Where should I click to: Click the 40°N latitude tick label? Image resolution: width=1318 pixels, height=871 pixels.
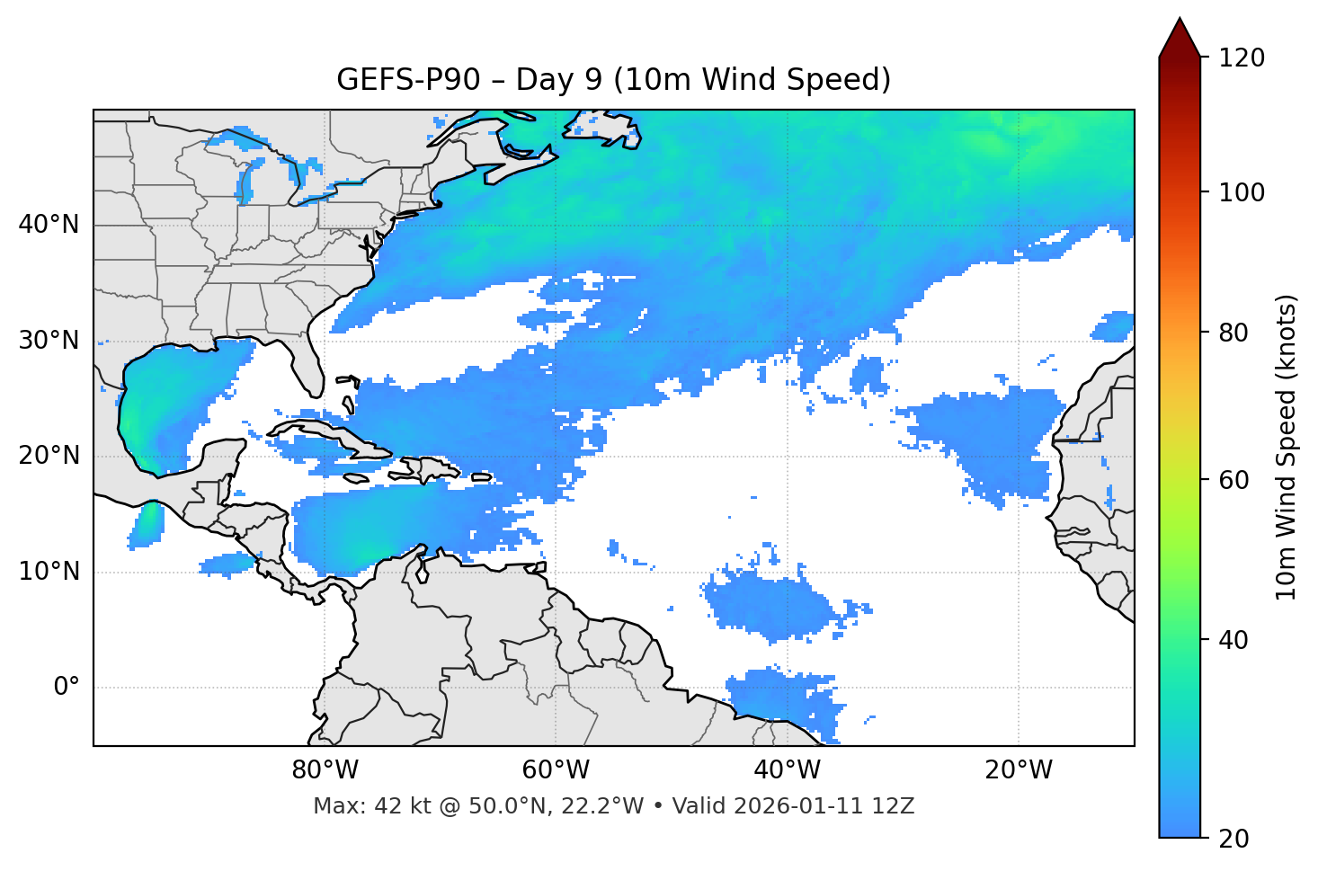click(x=49, y=225)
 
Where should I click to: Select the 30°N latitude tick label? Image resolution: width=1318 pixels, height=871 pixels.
click(x=49, y=341)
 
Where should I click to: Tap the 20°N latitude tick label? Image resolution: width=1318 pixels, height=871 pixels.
click(x=49, y=456)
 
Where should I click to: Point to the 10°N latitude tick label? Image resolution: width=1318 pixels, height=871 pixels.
click(x=49, y=572)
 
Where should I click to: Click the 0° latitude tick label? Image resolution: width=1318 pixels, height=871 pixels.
click(x=67, y=688)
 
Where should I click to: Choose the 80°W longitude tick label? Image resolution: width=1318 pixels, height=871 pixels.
click(x=325, y=770)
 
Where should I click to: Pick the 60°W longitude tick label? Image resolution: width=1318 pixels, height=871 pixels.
click(x=556, y=770)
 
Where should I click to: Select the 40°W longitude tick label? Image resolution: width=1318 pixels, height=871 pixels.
click(x=787, y=770)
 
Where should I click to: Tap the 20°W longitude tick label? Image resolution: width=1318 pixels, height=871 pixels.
click(x=1018, y=770)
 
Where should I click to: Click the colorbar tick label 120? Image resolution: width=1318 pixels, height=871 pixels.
click(x=1242, y=58)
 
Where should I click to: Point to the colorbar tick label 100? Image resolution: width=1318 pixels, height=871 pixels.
click(x=1242, y=192)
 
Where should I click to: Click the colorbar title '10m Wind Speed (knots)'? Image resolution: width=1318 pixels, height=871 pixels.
click(x=1287, y=447)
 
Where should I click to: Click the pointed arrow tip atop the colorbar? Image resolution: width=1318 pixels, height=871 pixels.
click(x=1180, y=22)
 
